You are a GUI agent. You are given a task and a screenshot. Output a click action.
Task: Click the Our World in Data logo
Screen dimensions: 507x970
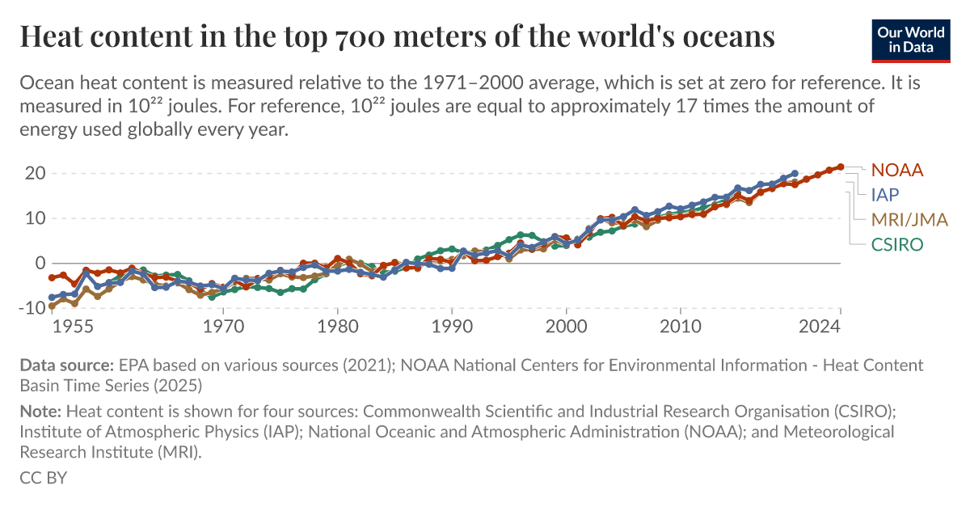[910, 40]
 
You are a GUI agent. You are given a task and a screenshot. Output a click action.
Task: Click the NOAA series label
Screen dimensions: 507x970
[896, 170]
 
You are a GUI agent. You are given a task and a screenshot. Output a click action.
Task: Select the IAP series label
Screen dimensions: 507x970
[884, 194]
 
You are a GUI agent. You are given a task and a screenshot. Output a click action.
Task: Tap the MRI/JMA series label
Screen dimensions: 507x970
[909, 219]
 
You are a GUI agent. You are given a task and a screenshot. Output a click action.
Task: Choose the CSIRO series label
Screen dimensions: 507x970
[896, 244]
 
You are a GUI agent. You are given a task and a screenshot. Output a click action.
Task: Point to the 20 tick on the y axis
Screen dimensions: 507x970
[34, 173]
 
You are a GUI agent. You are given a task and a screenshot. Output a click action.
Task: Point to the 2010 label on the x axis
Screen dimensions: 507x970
[680, 327]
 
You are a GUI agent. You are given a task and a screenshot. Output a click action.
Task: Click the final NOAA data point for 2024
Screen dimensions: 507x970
[841, 167]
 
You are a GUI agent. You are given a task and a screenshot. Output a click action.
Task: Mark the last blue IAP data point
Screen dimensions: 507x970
[795, 173]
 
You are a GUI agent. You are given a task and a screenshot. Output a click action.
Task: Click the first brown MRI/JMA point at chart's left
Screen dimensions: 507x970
[53, 306]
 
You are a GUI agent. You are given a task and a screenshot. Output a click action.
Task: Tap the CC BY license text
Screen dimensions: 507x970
[43, 477]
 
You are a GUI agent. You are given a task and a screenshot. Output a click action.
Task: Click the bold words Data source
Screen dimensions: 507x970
[67, 365]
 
